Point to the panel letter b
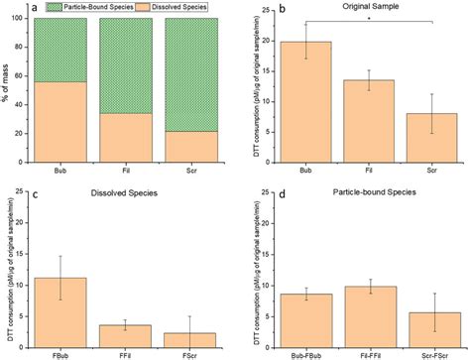click(x=256, y=7)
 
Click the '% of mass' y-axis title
click(x=7, y=84)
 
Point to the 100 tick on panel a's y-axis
click(x=21, y=18)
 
